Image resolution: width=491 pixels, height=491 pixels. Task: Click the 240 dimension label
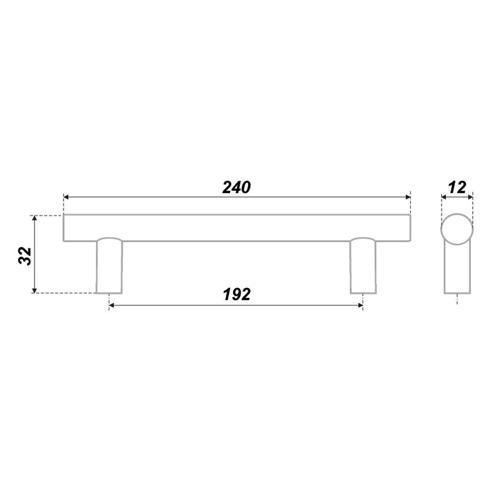click(236, 188)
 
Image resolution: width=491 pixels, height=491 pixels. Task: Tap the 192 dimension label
click(237, 295)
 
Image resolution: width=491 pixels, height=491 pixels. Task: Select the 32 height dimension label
click(25, 256)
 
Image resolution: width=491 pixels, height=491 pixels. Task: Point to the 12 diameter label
click(457, 188)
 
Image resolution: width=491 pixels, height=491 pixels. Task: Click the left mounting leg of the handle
click(109, 266)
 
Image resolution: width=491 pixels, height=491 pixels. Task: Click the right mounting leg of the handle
click(363, 266)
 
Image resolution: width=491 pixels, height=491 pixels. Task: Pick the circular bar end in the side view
click(457, 229)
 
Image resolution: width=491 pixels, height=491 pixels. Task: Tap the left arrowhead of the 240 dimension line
click(66, 197)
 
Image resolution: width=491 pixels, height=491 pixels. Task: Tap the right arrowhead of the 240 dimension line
click(408, 197)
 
